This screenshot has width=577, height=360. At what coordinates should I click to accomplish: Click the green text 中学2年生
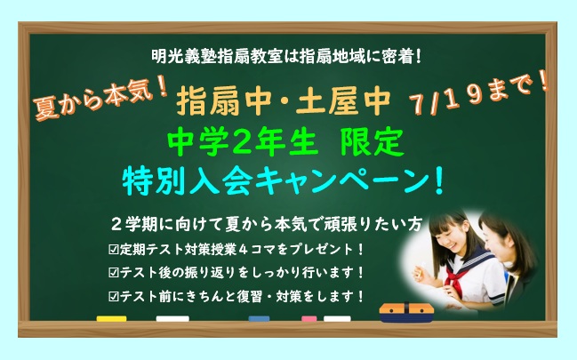[x=243, y=142]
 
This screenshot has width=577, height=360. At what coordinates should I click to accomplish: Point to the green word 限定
[x=373, y=142]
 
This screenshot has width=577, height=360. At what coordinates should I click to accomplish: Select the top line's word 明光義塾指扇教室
[x=217, y=57]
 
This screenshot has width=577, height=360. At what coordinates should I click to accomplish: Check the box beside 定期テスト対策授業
[x=114, y=249]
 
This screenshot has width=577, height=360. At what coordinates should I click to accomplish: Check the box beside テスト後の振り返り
[x=114, y=272]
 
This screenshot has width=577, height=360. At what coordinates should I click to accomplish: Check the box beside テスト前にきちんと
[x=114, y=296]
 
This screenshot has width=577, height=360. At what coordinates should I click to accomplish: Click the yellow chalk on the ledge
[x=111, y=318]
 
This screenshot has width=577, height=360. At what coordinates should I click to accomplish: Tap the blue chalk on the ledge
[x=259, y=318]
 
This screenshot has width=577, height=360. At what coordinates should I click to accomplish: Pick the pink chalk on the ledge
[x=309, y=318]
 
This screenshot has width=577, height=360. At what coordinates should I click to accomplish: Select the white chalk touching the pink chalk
[x=337, y=318]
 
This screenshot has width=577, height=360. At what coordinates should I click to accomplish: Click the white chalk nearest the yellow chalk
[x=172, y=318]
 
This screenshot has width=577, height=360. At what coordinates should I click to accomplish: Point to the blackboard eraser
[x=406, y=313]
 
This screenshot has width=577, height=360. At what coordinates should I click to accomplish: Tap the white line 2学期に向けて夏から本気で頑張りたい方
[x=266, y=224]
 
